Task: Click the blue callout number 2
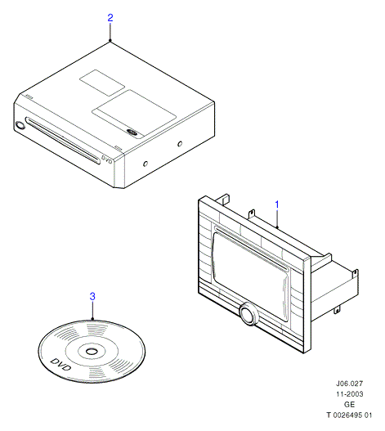point(110,18)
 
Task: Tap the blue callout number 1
point(277,204)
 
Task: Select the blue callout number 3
point(92,297)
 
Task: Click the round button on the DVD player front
point(20,125)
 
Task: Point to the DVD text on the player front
point(106,160)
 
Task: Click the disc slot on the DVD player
point(63,141)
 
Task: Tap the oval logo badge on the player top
point(132,132)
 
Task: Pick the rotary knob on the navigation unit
point(249,314)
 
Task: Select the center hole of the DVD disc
point(91,352)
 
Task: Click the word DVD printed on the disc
point(60,365)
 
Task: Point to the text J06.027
point(349,384)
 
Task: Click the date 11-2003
point(350,394)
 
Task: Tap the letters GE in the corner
point(349,404)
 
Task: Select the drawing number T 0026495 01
point(349,415)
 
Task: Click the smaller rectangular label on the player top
point(102,83)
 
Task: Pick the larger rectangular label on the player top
point(134,114)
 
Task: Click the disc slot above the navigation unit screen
point(252,247)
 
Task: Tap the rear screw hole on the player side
point(180,143)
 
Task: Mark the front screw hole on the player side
point(145,164)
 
